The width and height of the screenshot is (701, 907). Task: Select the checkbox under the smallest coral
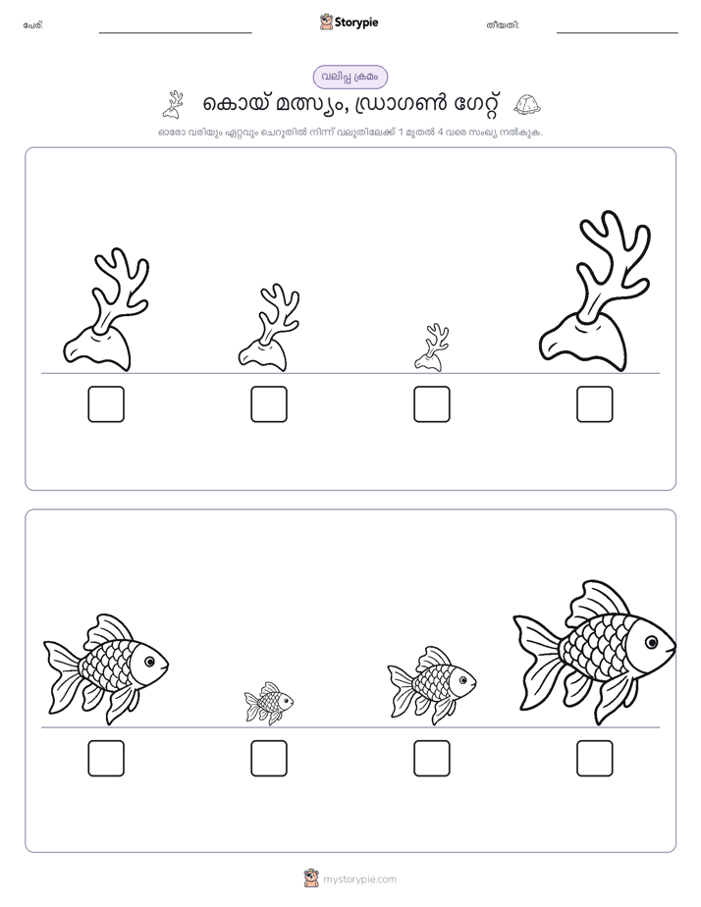(x=431, y=403)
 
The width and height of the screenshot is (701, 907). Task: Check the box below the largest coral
(x=595, y=403)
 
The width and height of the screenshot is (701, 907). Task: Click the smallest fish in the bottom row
(x=269, y=703)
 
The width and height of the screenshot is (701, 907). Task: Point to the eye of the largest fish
(x=652, y=642)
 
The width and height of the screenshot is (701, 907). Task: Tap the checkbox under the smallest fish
(x=269, y=758)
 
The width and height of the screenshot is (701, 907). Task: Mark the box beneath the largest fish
(x=595, y=758)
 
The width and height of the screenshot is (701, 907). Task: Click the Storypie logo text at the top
(x=356, y=23)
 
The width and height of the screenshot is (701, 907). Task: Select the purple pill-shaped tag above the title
(x=350, y=77)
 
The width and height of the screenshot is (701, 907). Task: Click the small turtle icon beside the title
(x=527, y=104)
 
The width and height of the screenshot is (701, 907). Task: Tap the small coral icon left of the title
(x=173, y=104)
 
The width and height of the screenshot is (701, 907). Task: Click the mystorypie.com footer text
(x=359, y=880)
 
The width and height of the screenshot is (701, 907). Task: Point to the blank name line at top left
(x=175, y=33)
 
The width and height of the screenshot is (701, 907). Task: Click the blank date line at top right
(x=618, y=33)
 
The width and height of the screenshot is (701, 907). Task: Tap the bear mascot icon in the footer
(x=311, y=879)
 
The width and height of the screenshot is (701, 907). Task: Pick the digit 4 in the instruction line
(x=441, y=132)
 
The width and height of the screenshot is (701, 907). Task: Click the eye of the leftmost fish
(x=150, y=662)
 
